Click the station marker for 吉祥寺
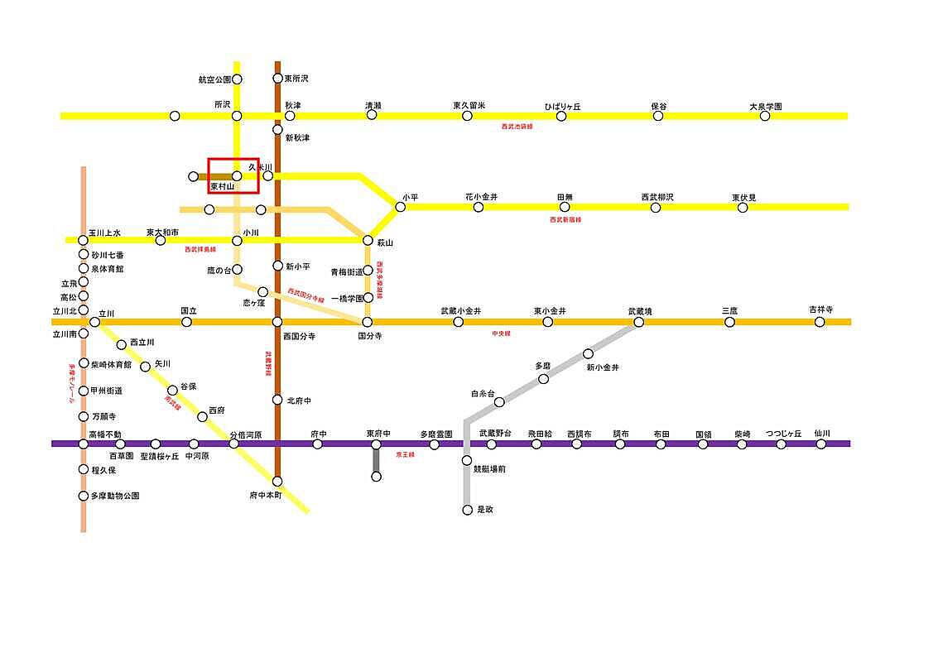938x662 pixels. coord(820,322)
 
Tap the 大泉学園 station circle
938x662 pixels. coord(764,116)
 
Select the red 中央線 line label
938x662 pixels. coord(501,333)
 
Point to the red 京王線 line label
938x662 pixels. coord(405,454)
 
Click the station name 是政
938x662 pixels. coord(485,510)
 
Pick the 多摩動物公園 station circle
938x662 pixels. coord(83,496)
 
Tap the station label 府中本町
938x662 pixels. coord(266,495)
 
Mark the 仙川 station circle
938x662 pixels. coord(821,444)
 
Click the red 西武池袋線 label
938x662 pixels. coord(517,127)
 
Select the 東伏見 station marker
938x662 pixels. coord(743,207)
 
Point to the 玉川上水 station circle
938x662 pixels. coord(83,240)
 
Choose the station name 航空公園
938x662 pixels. coord(214,79)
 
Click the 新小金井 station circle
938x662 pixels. coord(588,354)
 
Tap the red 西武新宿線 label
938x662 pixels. coord(565,219)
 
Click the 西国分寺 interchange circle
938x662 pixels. coord(277,322)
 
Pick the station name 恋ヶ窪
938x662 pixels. coord(253,304)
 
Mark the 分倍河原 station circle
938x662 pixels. coord(233,444)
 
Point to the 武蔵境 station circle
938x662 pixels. coord(639,322)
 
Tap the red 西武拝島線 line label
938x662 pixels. coord(200,249)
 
